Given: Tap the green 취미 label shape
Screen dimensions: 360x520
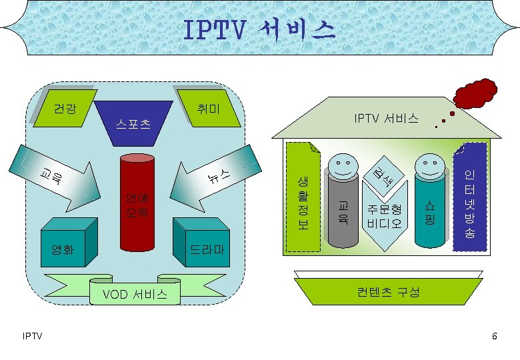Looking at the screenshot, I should pos(212,107).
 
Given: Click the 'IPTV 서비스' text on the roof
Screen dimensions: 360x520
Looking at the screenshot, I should pos(387,119).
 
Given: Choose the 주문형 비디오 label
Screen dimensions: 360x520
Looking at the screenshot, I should pos(384,217).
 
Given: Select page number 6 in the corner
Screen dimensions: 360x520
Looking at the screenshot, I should pos(494,335).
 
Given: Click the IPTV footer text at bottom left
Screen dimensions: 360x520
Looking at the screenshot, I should pos(31,335).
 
